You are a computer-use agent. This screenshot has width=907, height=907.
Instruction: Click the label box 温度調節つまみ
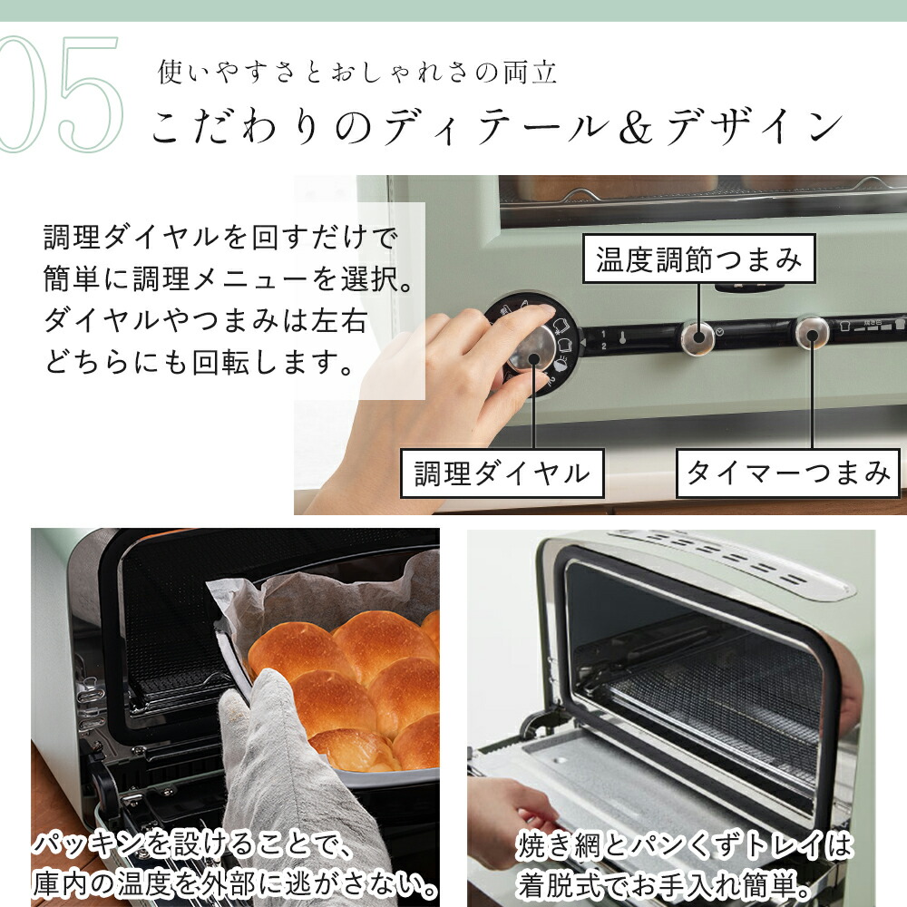point(698,259)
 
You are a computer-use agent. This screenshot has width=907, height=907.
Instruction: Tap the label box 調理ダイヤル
point(502,473)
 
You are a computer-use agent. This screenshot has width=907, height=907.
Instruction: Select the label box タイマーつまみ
point(787,473)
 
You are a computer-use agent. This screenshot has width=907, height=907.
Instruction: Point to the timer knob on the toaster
point(812,333)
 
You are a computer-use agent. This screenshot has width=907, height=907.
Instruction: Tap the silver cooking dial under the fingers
point(531,347)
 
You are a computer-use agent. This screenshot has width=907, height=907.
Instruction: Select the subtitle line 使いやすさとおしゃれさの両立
point(357,73)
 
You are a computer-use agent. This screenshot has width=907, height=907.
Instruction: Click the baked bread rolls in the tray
point(354,680)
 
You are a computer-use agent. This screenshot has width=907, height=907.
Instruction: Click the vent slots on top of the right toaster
point(726,555)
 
